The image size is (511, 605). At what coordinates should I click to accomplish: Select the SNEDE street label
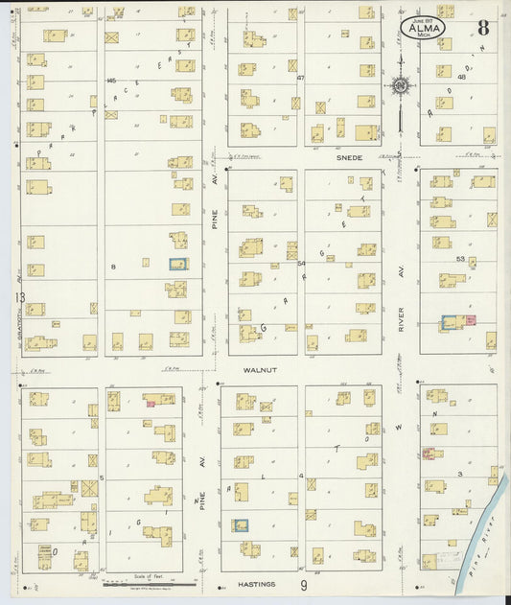tap(349, 157)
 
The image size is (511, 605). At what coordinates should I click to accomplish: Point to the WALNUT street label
tap(259, 369)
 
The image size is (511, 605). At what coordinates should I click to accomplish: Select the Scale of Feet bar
tap(148, 579)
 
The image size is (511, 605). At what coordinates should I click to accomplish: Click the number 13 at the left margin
tap(19, 298)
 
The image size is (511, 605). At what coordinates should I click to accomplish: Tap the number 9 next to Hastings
tap(303, 585)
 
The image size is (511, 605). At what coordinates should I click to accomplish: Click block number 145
tap(112, 80)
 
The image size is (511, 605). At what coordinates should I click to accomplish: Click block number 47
tap(300, 78)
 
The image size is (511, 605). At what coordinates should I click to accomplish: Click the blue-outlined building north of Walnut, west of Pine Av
tap(178, 265)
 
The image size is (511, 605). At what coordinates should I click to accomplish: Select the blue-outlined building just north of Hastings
tap(240, 524)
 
